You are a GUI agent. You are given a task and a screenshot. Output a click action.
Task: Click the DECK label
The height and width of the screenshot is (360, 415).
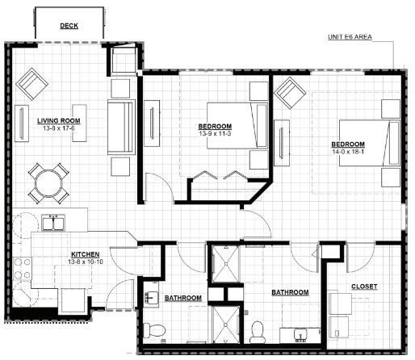coord(69,26)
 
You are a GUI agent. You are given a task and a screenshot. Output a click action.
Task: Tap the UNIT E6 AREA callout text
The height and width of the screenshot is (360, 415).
coord(350,37)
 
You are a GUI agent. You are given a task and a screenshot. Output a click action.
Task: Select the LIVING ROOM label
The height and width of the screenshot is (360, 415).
coord(59,121)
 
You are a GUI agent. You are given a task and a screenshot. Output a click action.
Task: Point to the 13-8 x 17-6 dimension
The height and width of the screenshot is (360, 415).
coord(59,128)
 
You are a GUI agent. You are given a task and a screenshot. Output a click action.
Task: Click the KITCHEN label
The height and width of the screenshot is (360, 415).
coord(86,254)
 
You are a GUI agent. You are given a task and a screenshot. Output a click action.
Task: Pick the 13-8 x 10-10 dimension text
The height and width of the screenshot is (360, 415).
coord(86,262)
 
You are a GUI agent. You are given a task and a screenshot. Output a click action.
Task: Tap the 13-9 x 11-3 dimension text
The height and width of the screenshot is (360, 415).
coord(215,133)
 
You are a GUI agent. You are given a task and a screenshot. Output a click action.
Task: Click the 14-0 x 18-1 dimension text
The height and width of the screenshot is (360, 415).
coord(348,152)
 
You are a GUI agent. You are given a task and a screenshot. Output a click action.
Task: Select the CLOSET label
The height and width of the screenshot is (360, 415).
coord(364,287)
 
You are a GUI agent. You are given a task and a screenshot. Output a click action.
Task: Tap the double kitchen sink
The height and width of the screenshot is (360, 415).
coord(53,223)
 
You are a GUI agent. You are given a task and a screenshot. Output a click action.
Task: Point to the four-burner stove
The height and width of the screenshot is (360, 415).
coord(23,269)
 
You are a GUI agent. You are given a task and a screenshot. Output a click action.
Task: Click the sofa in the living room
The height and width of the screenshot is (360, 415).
coord(121,127)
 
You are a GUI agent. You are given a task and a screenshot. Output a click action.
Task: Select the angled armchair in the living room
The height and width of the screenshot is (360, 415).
coord(31,84)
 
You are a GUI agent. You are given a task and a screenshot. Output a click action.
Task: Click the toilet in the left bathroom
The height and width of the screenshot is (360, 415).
coord(153,330)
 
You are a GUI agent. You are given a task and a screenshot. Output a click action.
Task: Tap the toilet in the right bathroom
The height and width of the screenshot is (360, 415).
coord(257,333)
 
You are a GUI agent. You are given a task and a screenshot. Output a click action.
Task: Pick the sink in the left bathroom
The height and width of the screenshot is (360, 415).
coord(151,299)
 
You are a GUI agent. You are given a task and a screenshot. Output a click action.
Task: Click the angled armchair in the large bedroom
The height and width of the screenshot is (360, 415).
coord(290,93)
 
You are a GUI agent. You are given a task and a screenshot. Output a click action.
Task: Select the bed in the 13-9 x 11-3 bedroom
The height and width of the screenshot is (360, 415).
coord(237,126)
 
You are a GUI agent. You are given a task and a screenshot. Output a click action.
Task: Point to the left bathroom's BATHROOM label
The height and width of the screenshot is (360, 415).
coord(183,298)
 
